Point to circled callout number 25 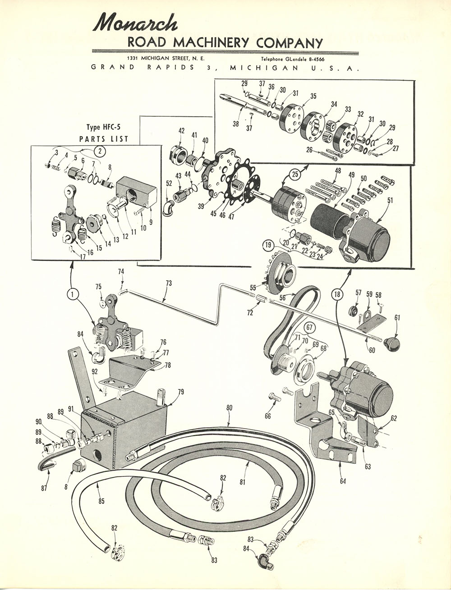(295, 174)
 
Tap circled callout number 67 (309, 327)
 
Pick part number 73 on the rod (169, 283)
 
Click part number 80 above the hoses (229, 408)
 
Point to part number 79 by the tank (180, 392)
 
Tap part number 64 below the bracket (343, 482)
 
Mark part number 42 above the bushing (181, 131)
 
